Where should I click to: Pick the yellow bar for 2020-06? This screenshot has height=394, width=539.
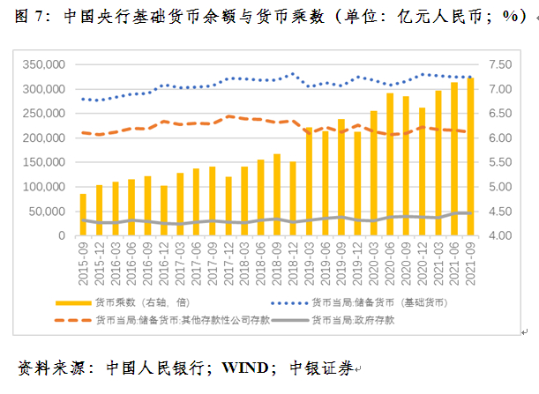[x=390, y=164]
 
